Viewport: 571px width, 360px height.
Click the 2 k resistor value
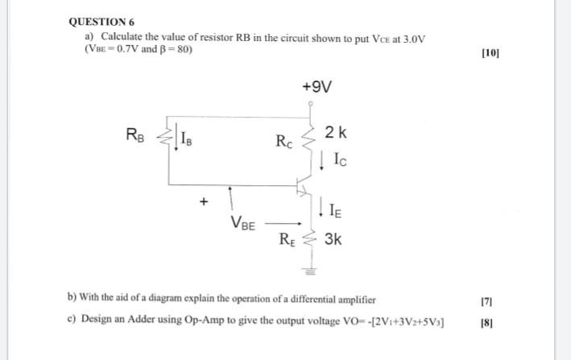coord(335,132)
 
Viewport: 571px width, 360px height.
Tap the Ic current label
coord(337,160)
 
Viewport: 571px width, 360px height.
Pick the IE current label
coord(337,212)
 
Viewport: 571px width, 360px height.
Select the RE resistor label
coord(287,238)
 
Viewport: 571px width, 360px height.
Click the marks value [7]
coord(486,300)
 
